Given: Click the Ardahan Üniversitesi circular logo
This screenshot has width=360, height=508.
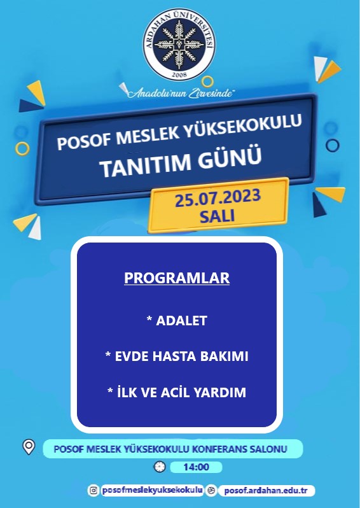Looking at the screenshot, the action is click(179, 45).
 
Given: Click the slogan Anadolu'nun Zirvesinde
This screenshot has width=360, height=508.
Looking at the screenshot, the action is click(181, 94).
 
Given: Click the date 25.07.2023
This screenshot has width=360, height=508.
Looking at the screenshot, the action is click(218, 198).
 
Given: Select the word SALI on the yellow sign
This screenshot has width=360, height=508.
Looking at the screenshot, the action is click(217, 216).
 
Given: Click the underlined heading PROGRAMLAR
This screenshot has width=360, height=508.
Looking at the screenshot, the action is click(177, 278).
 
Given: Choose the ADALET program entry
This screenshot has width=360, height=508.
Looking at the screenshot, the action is click(177, 321).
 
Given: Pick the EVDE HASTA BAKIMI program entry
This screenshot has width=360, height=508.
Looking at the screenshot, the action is click(177, 356).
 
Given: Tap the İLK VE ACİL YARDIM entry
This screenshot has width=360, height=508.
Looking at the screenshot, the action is click(177, 392).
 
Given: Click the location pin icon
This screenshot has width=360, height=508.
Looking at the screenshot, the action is click(29, 447).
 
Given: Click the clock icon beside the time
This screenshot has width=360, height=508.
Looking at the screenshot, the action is click(159, 467).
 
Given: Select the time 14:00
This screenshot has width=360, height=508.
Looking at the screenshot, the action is click(196, 467).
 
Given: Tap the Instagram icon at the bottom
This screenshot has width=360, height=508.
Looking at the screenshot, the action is click(93, 491).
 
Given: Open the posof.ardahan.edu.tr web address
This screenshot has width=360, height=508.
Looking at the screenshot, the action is click(266, 491).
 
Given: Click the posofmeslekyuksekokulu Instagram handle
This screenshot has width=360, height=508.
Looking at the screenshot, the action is click(153, 490).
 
